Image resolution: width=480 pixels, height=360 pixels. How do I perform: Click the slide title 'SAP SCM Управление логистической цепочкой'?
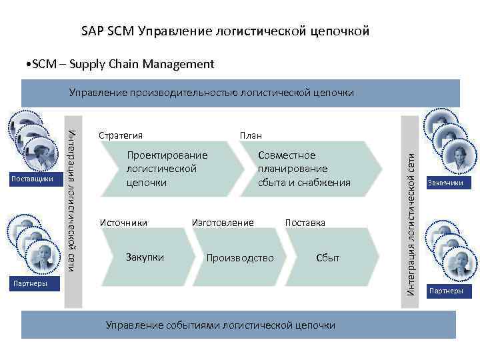click(225, 31)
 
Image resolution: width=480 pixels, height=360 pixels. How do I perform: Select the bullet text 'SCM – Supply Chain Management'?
click(118, 64)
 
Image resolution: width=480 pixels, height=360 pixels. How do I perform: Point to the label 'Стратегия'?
click(121, 135)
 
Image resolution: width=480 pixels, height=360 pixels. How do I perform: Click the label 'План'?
click(251, 135)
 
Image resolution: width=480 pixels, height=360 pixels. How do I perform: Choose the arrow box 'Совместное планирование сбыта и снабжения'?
click(303, 169)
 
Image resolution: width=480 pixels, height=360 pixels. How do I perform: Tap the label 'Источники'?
click(123, 222)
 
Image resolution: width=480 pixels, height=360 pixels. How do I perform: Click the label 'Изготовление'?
click(223, 222)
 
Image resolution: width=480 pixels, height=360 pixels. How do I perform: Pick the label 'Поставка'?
click(305, 222)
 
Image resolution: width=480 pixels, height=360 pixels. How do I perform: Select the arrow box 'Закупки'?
click(145, 257)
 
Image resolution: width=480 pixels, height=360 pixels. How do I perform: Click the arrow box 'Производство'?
click(240, 258)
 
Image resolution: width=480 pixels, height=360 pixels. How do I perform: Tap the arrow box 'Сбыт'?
click(327, 258)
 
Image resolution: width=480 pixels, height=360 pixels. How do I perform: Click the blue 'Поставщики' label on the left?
click(34, 179)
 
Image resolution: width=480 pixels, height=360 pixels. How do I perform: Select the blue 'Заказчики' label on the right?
click(445, 183)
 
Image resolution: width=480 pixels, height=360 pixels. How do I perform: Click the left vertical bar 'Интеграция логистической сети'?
click(73, 211)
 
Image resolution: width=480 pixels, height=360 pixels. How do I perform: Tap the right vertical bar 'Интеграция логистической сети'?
click(412, 211)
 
